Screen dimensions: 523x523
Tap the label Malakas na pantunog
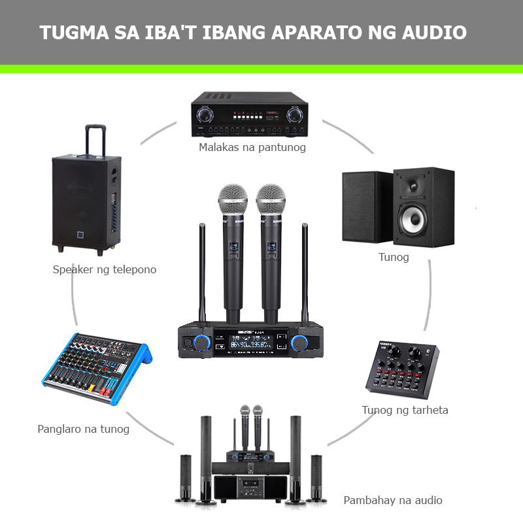[x=252, y=147]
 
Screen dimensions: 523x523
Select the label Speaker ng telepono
[x=105, y=269]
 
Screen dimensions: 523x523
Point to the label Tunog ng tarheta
[x=405, y=410]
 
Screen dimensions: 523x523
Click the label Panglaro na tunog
[x=84, y=429]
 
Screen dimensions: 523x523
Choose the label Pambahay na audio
[x=393, y=500]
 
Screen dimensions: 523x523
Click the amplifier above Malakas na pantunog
[x=249, y=114]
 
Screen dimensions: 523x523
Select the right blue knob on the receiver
[x=301, y=342]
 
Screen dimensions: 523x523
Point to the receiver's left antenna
[x=202, y=275]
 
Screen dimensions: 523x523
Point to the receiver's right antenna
[x=304, y=275]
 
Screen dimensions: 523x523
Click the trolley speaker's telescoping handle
[x=95, y=141]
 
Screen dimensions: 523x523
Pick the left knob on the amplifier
[x=206, y=115]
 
